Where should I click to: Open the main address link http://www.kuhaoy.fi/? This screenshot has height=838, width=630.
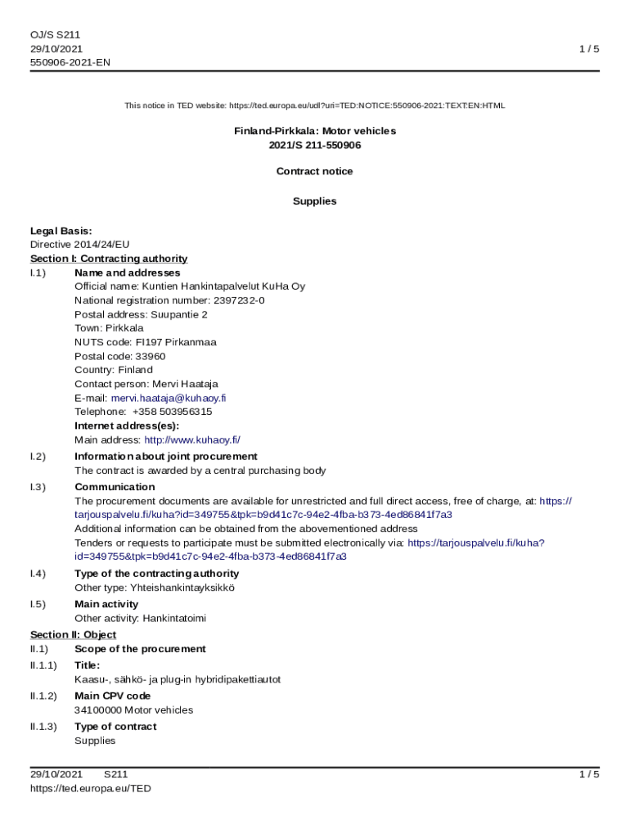pos(192,439)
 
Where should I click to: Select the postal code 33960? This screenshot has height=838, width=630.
pos(150,356)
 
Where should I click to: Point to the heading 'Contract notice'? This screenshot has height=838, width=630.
pos(315,171)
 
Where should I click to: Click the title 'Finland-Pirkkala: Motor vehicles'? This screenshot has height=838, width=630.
pos(315,131)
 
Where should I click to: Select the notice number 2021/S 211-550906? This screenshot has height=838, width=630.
pos(315,145)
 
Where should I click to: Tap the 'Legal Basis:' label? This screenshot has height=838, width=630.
pos(61,231)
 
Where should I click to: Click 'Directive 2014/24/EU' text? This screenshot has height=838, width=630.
pos(80,244)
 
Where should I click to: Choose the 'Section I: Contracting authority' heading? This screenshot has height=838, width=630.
pos(109,259)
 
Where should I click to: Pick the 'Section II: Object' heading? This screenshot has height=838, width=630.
pos(73,634)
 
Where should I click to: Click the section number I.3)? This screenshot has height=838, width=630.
pos(38,487)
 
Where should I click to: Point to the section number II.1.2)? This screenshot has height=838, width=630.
pos(43,696)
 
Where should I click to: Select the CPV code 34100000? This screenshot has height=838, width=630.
pos(97,710)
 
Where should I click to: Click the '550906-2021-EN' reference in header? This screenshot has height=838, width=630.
pos(70,61)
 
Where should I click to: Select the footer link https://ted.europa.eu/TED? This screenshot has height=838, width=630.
pos(91,788)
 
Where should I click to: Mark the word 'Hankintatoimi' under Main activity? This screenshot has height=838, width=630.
pos(174,618)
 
